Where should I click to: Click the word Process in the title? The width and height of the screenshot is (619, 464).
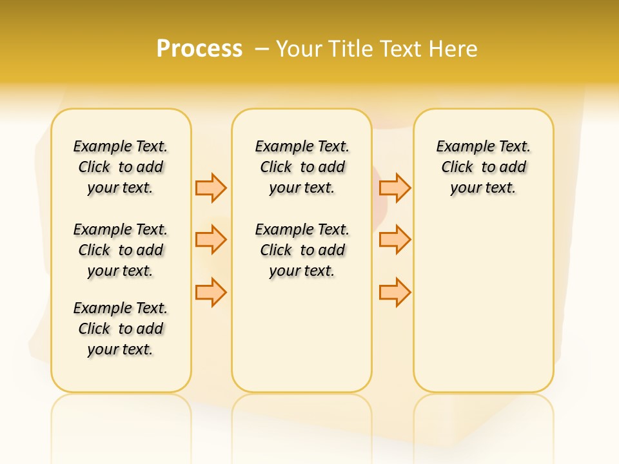coord(199,49)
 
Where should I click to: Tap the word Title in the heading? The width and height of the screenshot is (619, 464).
coord(349,49)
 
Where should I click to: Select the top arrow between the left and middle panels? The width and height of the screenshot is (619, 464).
coord(211,188)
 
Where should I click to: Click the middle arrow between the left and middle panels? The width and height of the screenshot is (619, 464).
coord(211,240)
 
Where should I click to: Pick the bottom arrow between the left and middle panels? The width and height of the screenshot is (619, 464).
coord(211,292)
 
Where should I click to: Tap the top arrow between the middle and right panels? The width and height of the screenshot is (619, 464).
coord(395,188)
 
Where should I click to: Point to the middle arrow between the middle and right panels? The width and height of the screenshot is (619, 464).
coord(395,240)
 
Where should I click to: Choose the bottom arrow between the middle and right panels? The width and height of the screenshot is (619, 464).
coord(395,292)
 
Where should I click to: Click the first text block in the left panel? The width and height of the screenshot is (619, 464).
coord(121,167)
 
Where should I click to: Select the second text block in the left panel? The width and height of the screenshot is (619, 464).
coord(121,250)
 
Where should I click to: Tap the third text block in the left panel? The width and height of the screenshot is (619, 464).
coord(121,329)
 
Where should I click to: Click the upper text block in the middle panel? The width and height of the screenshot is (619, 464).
coord(302,167)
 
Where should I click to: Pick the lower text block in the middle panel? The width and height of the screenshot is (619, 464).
coord(302,250)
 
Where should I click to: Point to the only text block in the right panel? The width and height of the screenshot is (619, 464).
coord(484,167)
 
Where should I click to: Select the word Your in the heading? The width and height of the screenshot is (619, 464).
coord(299,49)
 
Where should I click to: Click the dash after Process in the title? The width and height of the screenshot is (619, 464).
coord(262,49)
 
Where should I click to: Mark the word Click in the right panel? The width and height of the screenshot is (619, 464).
coord(457,168)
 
